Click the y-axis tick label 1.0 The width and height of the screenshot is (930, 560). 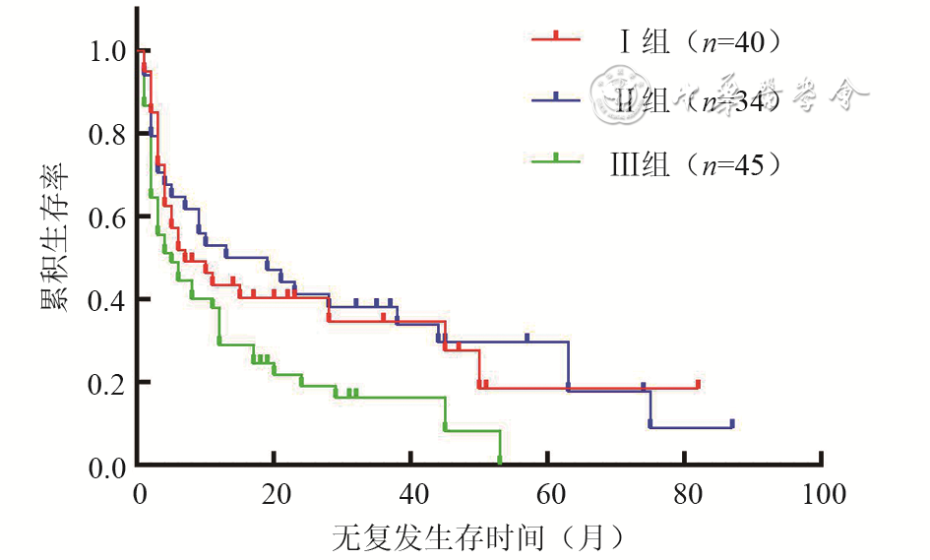[x=106, y=50]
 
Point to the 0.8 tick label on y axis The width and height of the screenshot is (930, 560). [x=106, y=133]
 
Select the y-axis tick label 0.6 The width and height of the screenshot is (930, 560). [x=106, y=216]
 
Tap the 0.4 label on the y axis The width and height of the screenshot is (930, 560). [x=106, y=299]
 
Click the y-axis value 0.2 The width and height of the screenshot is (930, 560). [x=106, y=382]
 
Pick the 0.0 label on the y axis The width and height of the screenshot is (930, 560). [x=106, y=465]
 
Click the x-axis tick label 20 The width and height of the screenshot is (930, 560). [x=275, y=492]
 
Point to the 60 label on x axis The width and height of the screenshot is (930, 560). [x=549, y=492]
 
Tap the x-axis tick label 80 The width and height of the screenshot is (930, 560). [x=686, y=492]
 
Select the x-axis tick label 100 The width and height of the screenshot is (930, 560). [x=822, y=492]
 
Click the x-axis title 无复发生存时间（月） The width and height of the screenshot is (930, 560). [x=478, y=537]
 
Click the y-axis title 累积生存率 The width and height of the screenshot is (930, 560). [x=55, y=237]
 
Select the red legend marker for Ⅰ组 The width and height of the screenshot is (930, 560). [x=556, y=37]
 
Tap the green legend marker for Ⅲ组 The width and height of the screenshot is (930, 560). [x=556, y=158]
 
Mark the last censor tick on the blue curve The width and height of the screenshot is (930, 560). [x=732, y=423]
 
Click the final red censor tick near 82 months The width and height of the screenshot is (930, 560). [x=698, y=383]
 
